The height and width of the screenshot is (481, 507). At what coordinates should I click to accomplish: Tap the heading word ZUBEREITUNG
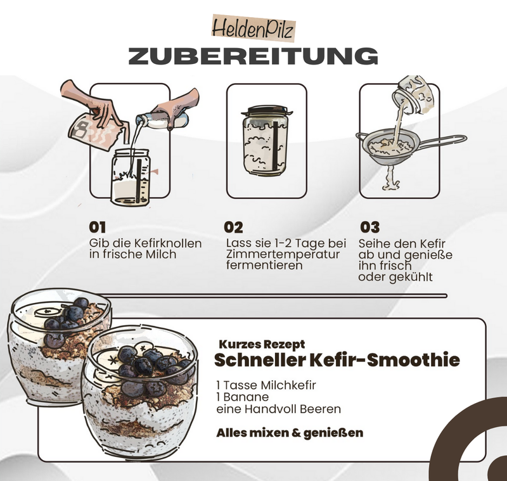pyautogui.click(x=253, y=55)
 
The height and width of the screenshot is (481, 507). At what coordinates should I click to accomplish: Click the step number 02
pyautogui.click(x=233, y=227)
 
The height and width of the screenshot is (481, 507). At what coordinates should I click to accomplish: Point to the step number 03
pyautogui.click(x=369, y=227)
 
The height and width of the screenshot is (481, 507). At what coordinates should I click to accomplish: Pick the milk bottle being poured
pyautogui.click(x=158, y=120)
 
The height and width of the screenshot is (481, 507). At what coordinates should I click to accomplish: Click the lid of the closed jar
pyautogui.click(x=266, y=110)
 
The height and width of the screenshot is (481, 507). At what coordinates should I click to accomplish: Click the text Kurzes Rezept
pyautogui.click(x=262, y=344)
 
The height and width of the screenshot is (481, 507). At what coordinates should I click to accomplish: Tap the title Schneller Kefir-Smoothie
pyautogui.click(x=337, y=361)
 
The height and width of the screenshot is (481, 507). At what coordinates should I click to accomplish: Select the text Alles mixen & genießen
pyautogui.click(x=290, y=433)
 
